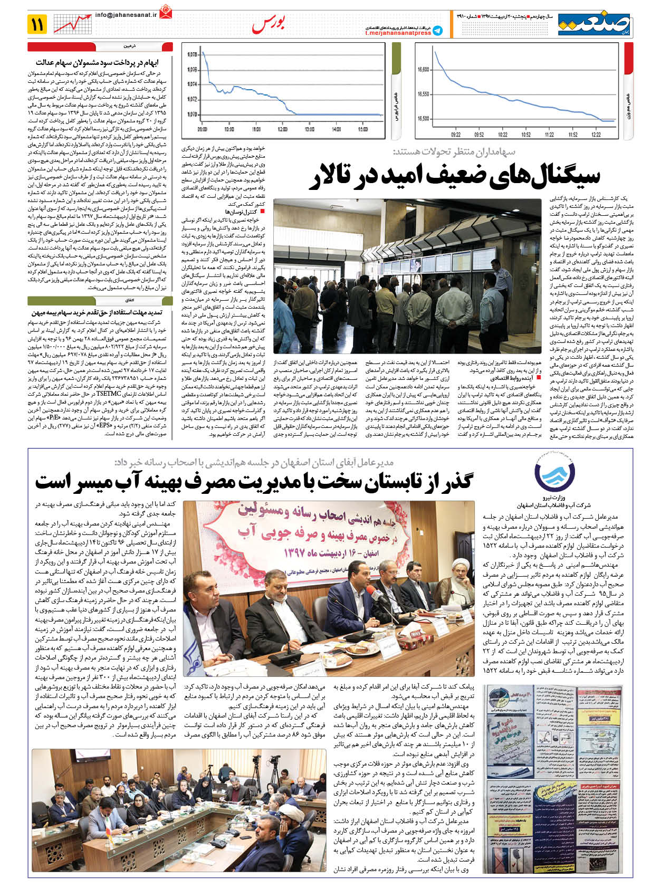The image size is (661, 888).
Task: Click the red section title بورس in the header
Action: (269, 24)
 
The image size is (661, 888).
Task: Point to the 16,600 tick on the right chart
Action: (423, 70)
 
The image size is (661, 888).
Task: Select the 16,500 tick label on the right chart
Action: (423, 119)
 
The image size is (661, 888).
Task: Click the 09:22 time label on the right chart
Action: (456, 135)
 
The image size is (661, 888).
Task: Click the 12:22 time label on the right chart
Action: (596, 135)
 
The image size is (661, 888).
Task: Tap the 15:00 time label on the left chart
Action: (363, 129)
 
